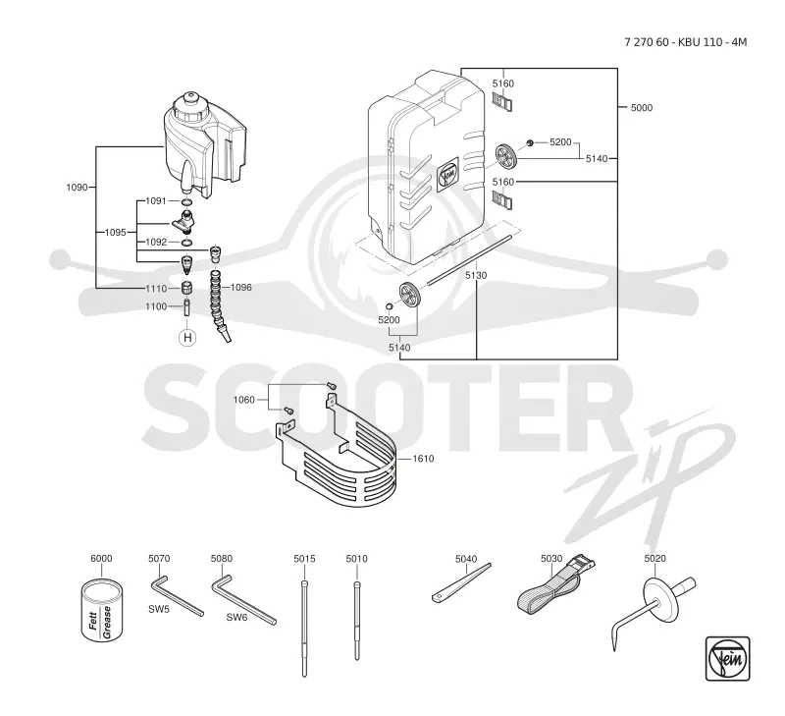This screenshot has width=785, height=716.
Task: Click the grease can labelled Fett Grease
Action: [x=102, y=610]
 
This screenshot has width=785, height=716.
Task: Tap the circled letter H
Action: [x=187, y=338]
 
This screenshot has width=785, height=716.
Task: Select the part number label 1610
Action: [x=423, y=459]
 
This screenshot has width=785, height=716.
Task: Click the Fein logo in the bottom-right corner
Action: [x=727, y=658]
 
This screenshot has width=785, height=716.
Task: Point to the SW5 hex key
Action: [x=177, y=596]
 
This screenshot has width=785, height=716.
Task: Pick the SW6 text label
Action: [x=236, y=618]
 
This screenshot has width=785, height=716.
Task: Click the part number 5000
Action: [x=642, y=108]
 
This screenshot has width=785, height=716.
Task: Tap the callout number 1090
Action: [x=77, y=188]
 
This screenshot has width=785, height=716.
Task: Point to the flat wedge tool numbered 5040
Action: [x=461, y=582]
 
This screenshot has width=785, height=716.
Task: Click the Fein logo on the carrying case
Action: [x=447, y=174]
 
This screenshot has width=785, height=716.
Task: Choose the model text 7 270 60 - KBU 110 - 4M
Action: [x=685, y=42]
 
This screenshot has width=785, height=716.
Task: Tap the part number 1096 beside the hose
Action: [x=240, y=288]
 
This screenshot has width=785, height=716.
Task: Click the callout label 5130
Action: [x=476, y=275]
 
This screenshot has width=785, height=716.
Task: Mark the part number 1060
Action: [x=243, y=400]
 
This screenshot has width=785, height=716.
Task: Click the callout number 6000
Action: [x=101, y=559]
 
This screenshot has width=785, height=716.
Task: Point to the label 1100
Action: [x=156, y=306]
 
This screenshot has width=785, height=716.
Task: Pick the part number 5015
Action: [x=304, y=559]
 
